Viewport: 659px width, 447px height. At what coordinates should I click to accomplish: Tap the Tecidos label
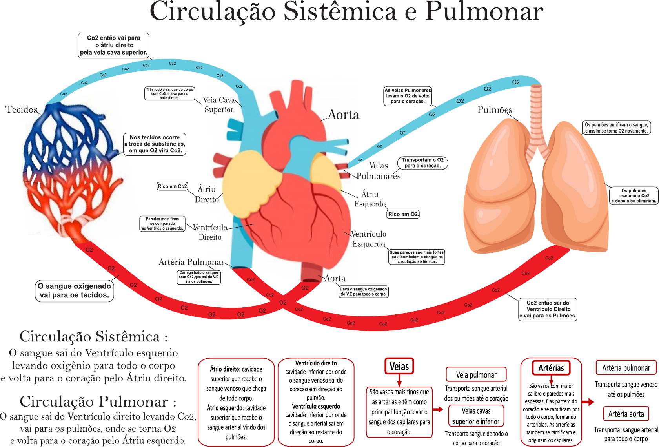[22, 109]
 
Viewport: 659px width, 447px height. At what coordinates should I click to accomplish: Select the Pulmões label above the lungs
[495, 110]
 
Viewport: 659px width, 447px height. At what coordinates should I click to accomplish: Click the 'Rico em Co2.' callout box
[173, 186]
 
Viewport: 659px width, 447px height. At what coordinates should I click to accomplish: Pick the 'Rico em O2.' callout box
[403, 214]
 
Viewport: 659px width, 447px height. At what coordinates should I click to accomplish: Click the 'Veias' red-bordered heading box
[399, 366]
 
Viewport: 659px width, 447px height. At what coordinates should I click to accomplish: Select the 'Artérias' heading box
[551, 368]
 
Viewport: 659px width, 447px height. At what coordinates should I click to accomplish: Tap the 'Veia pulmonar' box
[476, 374]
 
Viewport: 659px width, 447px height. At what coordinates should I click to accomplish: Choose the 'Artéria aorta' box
[626, 414]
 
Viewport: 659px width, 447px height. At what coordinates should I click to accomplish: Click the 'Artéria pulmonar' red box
[626, 368]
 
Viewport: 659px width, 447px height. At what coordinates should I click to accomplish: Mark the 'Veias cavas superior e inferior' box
[476, 416]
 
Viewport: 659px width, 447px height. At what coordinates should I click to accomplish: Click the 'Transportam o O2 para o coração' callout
[422, 163]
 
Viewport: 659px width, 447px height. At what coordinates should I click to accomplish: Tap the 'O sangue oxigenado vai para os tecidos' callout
[75, 291]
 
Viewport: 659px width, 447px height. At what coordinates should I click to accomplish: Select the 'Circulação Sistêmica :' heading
[93, 337]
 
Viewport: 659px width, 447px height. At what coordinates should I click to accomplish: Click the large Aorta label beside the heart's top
[343, 115]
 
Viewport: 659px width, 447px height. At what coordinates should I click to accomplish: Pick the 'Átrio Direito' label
[206, 194]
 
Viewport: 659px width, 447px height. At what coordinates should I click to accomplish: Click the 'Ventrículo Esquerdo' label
[369, 239]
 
